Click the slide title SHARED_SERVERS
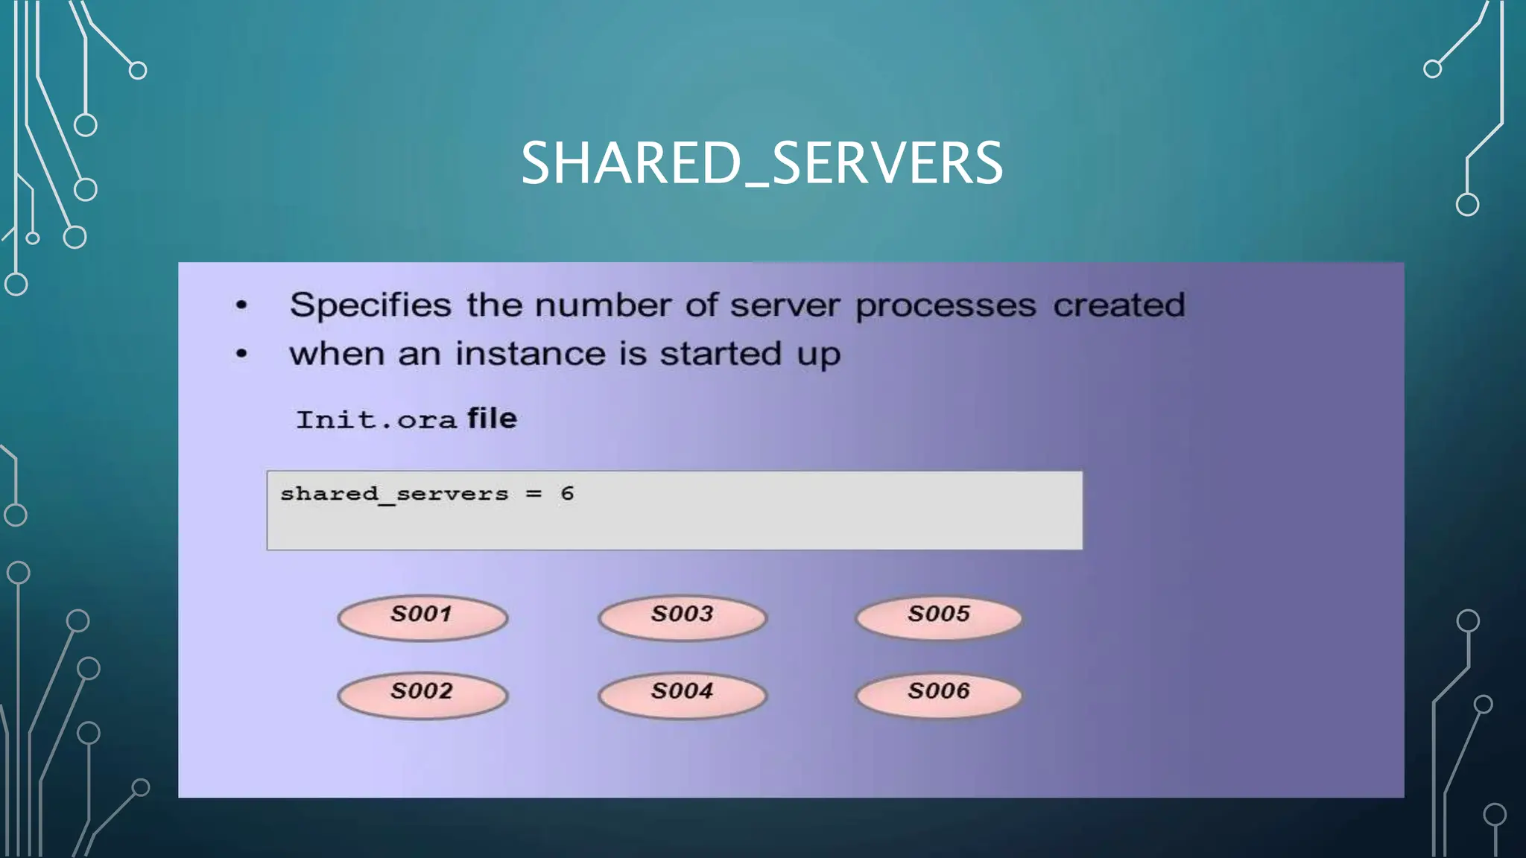(762, 163)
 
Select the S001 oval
(422, 617)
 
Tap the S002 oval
(422, 695)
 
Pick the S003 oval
(683, 617)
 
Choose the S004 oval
(683, 695)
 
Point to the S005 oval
(939, 617)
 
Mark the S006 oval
(939, 695)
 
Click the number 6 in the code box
(567, 494)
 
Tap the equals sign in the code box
(534, 494)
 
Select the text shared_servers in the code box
(394, 495)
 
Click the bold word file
(492, 419)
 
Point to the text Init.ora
(376, 420)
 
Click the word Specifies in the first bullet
(370, 306)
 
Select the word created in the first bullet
(1118, 305)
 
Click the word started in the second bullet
(721, 354)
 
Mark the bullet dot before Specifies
(241, 305)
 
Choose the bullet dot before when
(241, 354)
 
